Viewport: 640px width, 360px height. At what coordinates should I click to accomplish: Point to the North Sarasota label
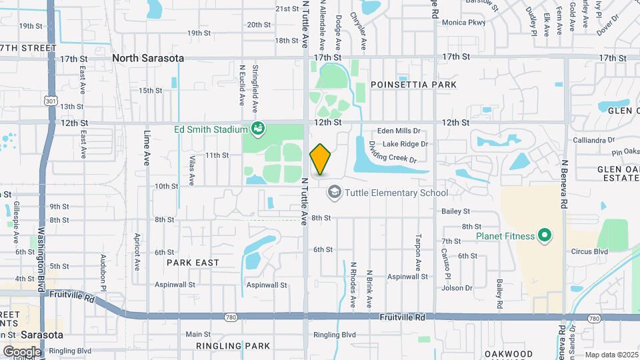(148, 58)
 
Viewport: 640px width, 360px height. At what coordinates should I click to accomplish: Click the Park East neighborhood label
(193, 263)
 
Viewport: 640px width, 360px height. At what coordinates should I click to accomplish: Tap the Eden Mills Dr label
(399, 131)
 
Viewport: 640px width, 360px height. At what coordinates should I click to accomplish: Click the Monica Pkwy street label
(463, 23)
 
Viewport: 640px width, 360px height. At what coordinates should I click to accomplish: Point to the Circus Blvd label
(589, 252)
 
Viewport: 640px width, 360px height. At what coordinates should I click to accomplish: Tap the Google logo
(22, 351)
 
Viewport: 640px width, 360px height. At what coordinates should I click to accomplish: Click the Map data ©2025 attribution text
(609, 354)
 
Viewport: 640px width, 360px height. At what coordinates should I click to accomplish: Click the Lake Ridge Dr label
(405, 144)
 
